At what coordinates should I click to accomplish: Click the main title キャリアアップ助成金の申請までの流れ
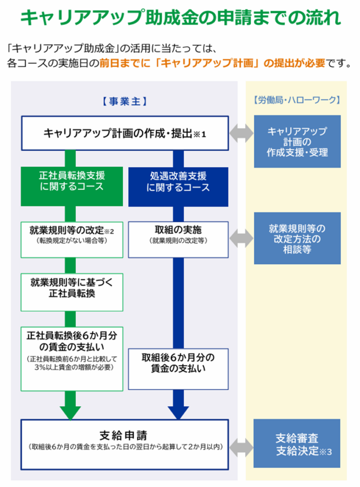[180, 19]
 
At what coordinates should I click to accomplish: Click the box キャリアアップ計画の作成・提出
[124, 133]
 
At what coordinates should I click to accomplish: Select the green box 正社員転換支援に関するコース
[71, 181]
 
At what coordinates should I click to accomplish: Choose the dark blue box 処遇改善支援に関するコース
[178, 182]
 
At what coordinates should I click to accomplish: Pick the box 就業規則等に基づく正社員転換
[71, 287]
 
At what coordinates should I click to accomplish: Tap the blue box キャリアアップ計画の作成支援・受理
[297, 142]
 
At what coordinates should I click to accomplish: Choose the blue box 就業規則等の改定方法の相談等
[297, 238]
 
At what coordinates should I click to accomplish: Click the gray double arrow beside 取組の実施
[241, 236]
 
